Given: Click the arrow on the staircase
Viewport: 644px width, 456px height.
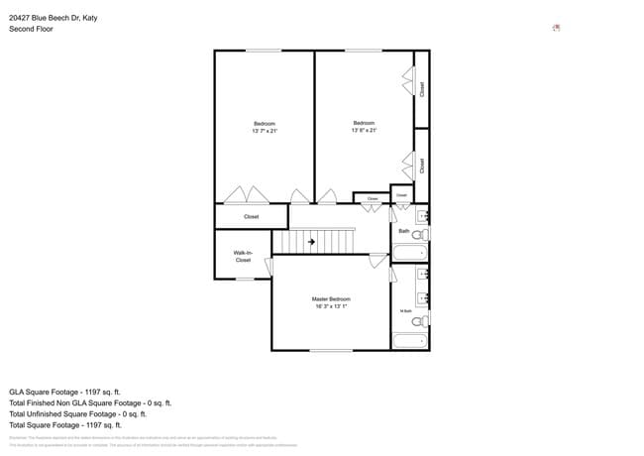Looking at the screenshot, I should click(x=311, y=241).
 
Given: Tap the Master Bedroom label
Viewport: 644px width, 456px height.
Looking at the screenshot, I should click(x=331, y=298).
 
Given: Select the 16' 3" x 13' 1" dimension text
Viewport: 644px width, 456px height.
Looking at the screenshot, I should click(x=331, y=306).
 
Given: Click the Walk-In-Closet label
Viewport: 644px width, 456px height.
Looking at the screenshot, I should click(x=243, y=256).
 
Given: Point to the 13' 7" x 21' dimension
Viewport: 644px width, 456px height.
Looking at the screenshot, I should click(x=265, y=130).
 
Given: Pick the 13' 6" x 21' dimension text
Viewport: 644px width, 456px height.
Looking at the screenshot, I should click(x=364, y=130).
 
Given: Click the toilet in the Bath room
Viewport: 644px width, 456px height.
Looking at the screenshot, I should click(x=419, y=235).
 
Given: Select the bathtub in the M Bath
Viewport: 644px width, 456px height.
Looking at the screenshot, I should click(x=407, y=341).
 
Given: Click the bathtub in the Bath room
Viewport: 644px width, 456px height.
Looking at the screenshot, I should click(x=407, y=253).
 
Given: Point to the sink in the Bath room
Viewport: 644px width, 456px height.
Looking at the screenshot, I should click(x=422, y=214).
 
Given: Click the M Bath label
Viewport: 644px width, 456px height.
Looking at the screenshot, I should click(x=405, y=311).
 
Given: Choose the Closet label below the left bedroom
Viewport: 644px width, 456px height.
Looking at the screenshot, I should click(x=252, y=216).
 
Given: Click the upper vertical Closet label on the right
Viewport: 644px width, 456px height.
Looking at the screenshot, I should click(x=422, y=89).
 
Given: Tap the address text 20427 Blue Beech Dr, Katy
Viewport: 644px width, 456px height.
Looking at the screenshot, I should click(x=54, y=18).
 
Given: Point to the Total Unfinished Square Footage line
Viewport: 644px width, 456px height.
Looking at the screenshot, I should click(x=78, y=414).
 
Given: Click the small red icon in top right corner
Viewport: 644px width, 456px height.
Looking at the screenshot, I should click(x=557, y=28).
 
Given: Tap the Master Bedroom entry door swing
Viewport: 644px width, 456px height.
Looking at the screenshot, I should click(x=376, y=262).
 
